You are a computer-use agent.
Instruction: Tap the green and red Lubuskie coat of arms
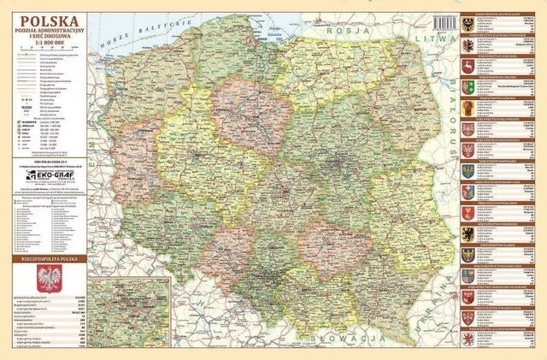pos(468,87)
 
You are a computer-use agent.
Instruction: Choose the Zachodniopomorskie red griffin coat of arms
pos(468,339)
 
